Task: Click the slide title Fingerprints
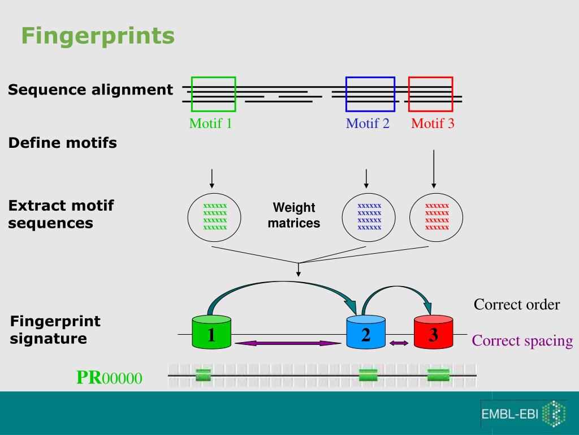pyautogui.click(x=98, y=36)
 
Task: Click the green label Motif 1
pyautogui.click(x=210, y=123)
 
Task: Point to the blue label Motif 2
pyautogui.click(x=368, y=123)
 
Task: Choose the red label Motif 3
pyautogui.click(x=433, y=123)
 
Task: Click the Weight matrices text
pyautogui.click(x=294, y=215)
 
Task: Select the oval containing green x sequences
pyautogui.click(x=214, y=216)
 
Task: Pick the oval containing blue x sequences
pyautogui.click(x=370, y=216)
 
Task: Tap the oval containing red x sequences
pyautogui.click(x=436, y=216)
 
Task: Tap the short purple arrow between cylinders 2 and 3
pyautogui.click(x=399, y=343)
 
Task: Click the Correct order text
pyautogui.click(x=517, y=305)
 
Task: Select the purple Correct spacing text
pyautogui.click(x=522, y=341)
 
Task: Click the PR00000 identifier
pyautogui.click(x=109, y=378)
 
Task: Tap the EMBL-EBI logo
pyautogui.click(x=523, y=413)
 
